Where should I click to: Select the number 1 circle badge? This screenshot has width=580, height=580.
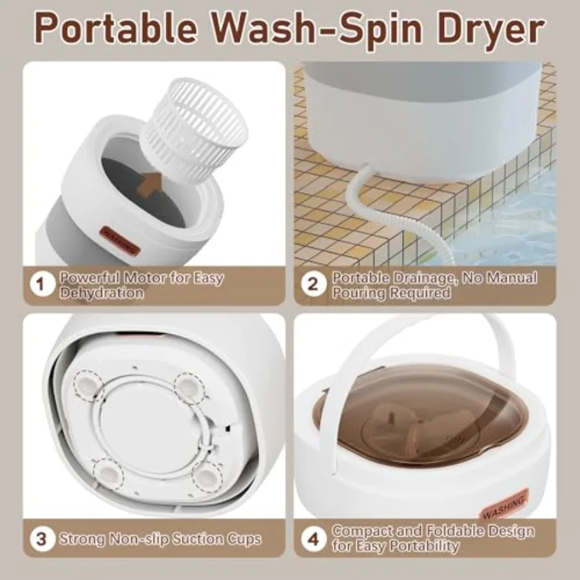[42, 284]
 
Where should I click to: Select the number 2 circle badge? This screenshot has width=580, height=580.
[313, 284]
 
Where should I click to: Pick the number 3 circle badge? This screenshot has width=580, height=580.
[42, 539]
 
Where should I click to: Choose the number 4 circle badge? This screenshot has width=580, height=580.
[313, 539]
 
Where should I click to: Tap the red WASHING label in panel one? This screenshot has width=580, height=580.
[120, 240]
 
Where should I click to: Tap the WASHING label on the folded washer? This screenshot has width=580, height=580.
[505, 505]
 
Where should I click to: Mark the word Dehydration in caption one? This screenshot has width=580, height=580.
[102, 293]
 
